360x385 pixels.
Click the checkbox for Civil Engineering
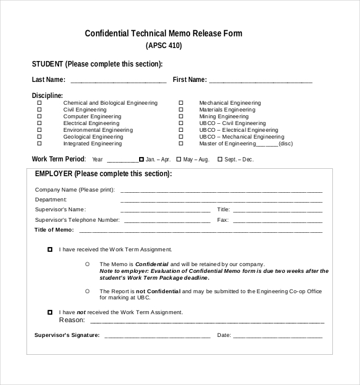39,110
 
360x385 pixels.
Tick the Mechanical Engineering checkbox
181,103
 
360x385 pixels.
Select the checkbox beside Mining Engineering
181,116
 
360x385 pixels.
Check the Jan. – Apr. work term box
142,159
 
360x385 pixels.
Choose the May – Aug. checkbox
178,159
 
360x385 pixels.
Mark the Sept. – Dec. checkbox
220,159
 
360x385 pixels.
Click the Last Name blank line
118,81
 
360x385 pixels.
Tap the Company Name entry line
221,191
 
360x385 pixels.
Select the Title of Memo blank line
201,231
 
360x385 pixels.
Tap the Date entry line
278,337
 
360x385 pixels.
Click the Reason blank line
207,322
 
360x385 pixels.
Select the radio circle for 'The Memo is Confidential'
87,264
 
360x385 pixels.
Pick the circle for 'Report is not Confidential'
87,291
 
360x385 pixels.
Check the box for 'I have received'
50,249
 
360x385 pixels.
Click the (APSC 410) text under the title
164,46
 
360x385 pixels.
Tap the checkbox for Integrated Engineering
39,144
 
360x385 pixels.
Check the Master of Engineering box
181,144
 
